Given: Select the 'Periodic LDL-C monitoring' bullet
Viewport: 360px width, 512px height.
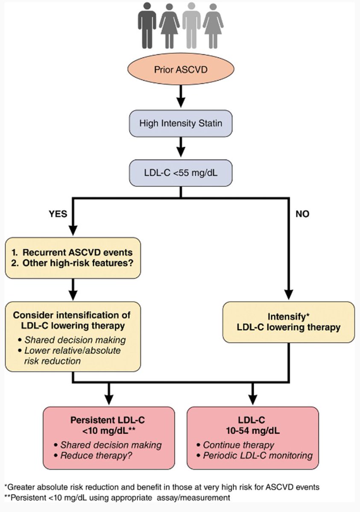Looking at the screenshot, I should click(258, 455).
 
